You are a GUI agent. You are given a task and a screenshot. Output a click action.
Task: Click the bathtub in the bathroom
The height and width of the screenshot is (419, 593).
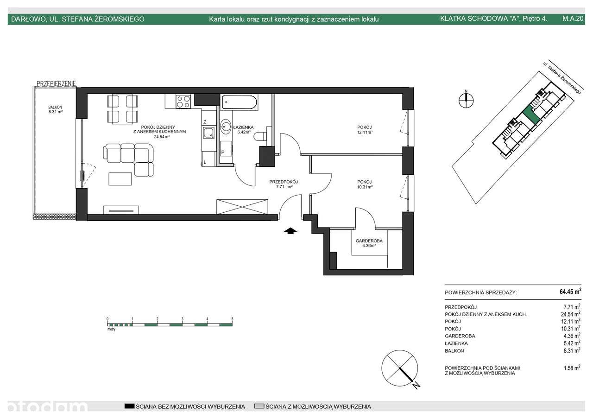point(239,102)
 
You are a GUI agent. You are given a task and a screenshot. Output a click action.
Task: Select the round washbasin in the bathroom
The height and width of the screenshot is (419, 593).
point(226,127)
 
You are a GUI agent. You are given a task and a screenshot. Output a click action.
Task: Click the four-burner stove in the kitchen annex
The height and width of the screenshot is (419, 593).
point(183,102)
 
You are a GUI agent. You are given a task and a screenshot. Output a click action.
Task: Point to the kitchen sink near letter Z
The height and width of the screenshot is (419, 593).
point(208,133)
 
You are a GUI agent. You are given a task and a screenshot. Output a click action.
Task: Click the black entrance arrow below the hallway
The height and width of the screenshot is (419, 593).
point(290,231)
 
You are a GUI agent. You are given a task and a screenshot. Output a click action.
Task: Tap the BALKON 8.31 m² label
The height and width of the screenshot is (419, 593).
point(55,109)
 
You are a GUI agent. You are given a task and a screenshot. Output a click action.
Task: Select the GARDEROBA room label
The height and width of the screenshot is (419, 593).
point(369,241)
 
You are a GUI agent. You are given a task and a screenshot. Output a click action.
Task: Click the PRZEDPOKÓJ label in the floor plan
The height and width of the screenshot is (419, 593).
point(284,182)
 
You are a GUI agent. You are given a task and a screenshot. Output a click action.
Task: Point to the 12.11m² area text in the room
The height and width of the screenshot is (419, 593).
point(365,132)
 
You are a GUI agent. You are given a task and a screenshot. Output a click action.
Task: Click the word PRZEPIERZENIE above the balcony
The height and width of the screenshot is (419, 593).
point(57,83)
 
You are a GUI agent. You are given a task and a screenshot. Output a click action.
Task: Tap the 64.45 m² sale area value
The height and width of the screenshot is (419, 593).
point(570,292)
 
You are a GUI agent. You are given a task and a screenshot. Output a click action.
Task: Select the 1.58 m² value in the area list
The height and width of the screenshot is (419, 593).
point(572,368)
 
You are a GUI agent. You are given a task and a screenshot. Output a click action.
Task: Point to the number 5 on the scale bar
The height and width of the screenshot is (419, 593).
point(232,319)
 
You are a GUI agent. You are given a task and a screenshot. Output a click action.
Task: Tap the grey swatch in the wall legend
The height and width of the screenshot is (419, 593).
point(259,406)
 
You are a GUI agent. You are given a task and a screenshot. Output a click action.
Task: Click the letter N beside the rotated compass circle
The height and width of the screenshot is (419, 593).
point(416,385)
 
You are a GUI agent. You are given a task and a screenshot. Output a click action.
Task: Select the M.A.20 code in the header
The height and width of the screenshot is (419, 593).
point(573,19)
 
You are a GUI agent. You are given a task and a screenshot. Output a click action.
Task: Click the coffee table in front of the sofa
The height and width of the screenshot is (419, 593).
point(120,179)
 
